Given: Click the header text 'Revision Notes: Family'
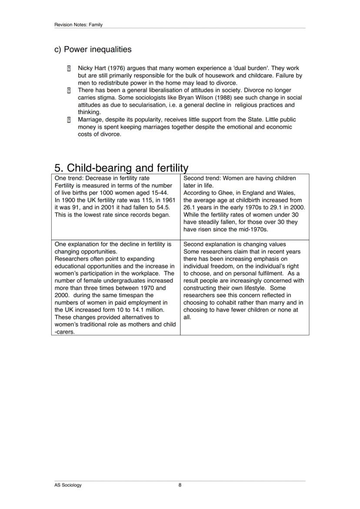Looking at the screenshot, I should point(78,25).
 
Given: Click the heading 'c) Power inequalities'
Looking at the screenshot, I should point(93,50).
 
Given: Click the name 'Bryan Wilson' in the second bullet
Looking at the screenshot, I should point(195,98).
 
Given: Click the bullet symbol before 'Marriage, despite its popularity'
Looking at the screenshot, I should point(69,120).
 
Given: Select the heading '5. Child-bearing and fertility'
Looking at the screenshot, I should point(121,168).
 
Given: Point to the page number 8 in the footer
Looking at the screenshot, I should point(180,485).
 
